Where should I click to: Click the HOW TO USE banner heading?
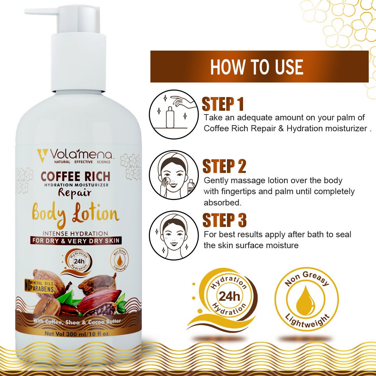tap(257, 67)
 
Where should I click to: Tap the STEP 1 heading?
tap(223, 104)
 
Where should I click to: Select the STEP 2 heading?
tap(224, 166)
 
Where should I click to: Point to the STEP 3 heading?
tap(225, 220)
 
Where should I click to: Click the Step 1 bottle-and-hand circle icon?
tap(174, 114)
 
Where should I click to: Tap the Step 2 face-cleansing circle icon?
tap(174, 175)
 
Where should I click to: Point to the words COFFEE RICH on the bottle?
tap(76, 176)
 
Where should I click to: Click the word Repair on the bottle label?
tap(75, 193)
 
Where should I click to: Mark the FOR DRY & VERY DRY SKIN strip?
tap(76, 241)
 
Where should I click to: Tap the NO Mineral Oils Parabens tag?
tap(39, 286)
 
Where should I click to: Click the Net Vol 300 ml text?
tap(77, 334)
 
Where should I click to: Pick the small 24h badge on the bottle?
tap(79, 261)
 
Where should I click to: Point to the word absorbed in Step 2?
tap(222, 203)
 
